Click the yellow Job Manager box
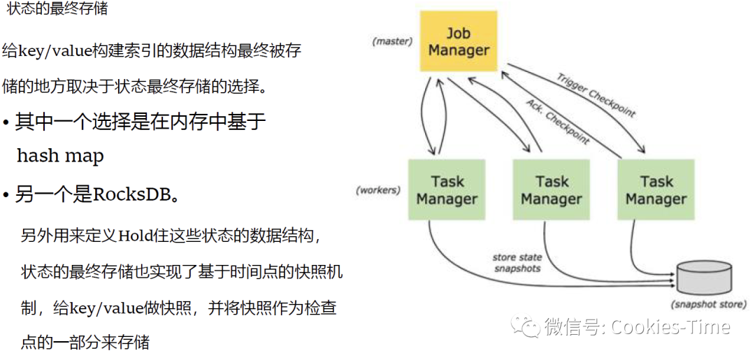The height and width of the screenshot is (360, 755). (458, 42)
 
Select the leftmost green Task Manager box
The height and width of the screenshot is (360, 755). (447, 191)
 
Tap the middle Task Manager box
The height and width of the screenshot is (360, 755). (552, 191)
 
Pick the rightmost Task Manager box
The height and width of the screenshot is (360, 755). (656, 191)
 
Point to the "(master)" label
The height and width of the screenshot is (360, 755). (392, 41)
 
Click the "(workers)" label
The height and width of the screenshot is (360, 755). (377, 190)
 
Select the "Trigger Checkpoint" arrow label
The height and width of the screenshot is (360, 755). (596, 94)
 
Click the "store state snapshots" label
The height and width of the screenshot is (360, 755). (517, 263)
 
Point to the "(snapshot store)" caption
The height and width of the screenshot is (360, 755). (708, 305)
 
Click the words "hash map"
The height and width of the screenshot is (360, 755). (60, 156)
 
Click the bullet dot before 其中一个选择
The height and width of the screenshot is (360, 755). (6, 124)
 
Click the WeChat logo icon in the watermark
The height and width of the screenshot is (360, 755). (525, 326)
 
